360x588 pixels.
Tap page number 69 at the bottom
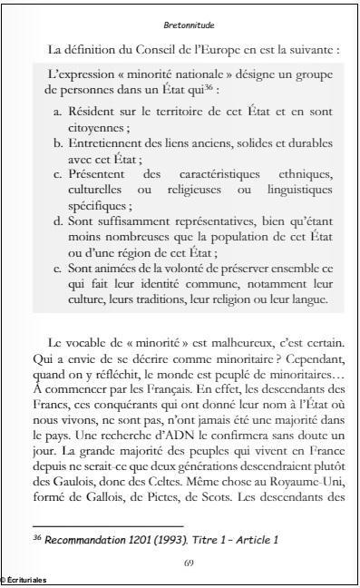pos(189,563)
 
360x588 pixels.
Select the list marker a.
pos(58,110)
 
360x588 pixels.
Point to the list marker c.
pos(58,175)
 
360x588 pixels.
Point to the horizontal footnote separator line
pos(108,525)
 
